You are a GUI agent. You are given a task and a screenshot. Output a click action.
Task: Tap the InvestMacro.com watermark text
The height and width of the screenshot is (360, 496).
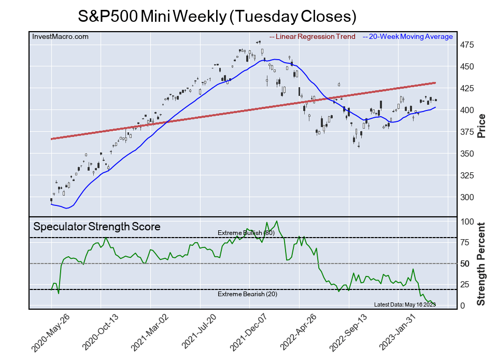click(x=60, y=37)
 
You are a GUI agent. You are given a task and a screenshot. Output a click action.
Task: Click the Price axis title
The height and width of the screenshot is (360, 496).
click(x=481, y=125)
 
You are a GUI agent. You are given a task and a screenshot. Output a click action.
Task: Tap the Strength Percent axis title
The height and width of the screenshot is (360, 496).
click(x=481, y=264)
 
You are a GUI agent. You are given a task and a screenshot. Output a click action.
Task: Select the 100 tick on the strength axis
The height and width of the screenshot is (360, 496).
click(x=469, y=222)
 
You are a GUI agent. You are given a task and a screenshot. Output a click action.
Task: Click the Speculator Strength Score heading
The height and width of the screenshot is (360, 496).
click(x=97, y=227)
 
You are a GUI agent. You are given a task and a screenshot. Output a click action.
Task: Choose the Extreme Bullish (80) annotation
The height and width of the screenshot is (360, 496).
click(x=246, y=233)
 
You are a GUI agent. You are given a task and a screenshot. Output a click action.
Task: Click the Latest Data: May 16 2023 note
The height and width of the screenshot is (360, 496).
click(x=404, y=304)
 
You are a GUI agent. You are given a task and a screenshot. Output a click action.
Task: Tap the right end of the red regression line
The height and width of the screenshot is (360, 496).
click(x=435, y=83)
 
